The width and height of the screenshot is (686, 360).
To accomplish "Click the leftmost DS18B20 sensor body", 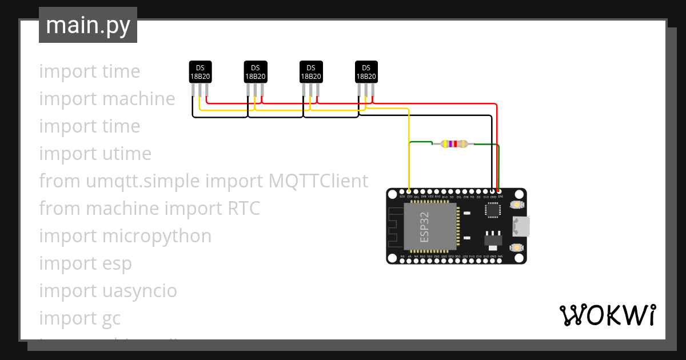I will click(x=200, y=72).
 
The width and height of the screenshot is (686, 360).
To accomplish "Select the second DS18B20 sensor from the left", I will click(x=255, y=72).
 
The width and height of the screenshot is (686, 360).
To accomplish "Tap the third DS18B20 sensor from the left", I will click(x=311, y=72).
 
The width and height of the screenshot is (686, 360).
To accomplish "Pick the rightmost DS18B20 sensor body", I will click(x=366, y=72).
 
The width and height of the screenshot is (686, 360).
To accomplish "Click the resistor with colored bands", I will click(x=454, y=144).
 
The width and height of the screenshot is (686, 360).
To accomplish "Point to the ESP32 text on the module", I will click(x=424, y=227).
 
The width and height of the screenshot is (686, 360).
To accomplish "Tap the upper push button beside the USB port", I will click(x=517, y=205).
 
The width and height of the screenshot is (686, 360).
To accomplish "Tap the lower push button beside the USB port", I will click(x=517, y=247).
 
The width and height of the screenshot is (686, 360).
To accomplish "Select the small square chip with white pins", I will click(x=492, y=210).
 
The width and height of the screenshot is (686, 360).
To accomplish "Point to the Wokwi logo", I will click(x=607, y=315).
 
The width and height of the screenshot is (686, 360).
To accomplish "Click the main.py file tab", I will click(x=87, y=25).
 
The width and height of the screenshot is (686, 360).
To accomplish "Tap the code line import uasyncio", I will click(x=108, y=291).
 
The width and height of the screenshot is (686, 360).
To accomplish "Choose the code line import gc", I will click(x=80, y=318).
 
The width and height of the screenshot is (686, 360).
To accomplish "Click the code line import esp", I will click(x=86, y=263).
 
